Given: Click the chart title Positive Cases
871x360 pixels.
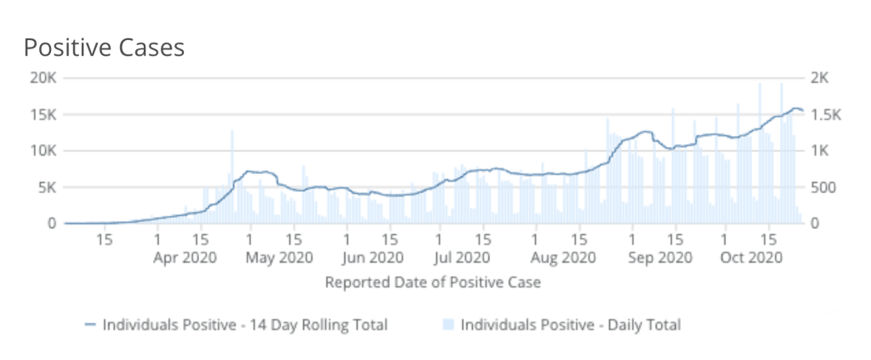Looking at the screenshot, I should [x=104, y=48].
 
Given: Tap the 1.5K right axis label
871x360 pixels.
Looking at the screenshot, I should [x=823, y=115].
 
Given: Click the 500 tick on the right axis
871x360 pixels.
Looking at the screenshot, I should [x=822, y=187].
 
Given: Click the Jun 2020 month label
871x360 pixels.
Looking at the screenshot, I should [x=374, y=256].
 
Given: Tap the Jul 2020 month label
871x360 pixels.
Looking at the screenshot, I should [x=466, y=256].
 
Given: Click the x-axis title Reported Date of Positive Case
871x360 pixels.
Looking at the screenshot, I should [x=433, y=282].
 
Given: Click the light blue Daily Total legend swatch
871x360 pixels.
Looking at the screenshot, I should [x=449, y=324].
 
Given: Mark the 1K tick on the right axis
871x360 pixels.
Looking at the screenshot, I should [x=818, y=151].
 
